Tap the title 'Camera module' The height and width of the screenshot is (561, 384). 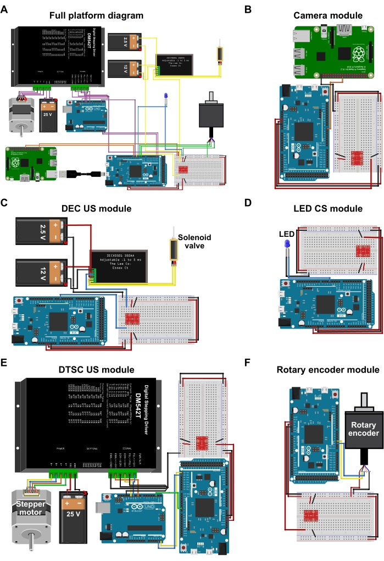[x=328, y=15]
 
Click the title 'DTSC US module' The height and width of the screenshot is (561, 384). [x=96, y=369]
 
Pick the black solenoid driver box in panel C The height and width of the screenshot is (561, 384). [x=119, y=266]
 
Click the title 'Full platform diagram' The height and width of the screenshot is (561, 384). [x=96, y=15]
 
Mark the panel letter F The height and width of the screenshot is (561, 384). [x=248, y=363]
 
